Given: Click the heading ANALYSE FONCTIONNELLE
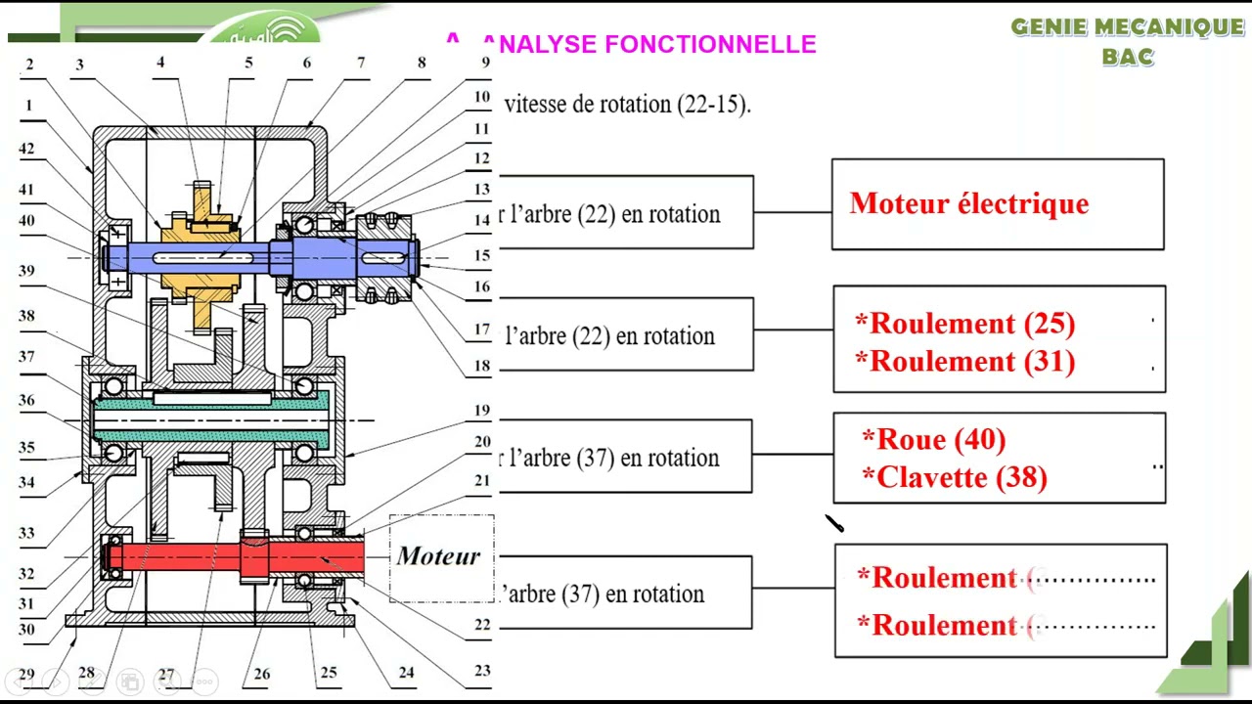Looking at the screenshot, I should point(649,44).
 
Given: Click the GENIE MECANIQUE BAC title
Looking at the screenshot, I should point(1127,41).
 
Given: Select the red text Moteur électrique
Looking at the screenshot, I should point(968,203).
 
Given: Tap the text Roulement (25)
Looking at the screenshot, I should point(963,324).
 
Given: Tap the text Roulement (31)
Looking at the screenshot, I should point(963,362).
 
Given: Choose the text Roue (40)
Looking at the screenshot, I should point(933,440).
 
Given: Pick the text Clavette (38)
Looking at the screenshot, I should point(954,477).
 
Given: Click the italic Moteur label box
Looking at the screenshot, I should point(438,556).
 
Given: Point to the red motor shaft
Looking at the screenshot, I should point(196,558).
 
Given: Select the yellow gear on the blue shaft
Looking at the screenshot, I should point(200,256).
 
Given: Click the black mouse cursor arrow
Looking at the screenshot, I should point(833,524).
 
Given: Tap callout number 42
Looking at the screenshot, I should point(26,150).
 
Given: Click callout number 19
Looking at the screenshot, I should point(482,411).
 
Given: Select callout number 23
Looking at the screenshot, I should point(482,671).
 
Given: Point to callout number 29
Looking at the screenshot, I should point(26,675).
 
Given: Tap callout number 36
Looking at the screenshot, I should point(26,400).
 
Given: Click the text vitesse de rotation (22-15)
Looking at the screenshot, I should point(627,104).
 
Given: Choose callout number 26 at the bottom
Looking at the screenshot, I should point(261,674).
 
